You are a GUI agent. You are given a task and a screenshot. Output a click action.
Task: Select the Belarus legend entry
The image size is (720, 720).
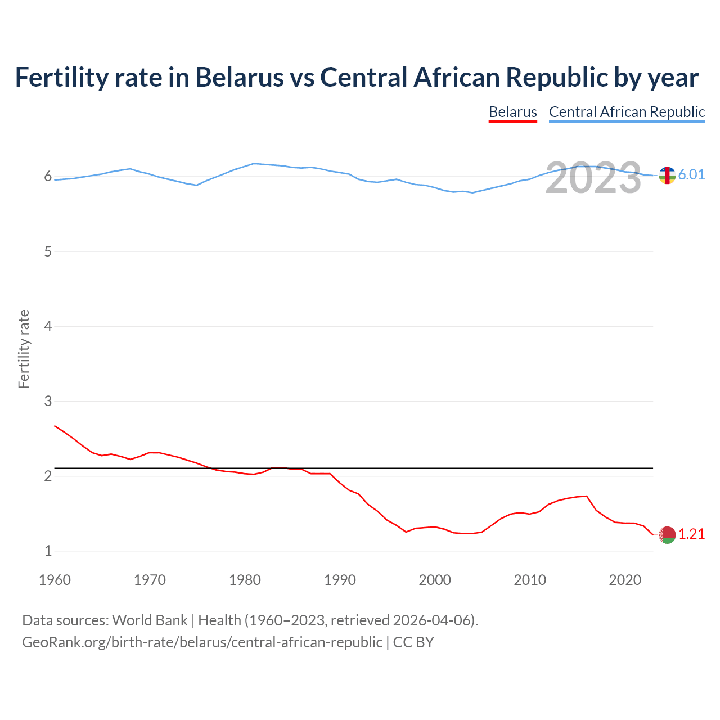(x=512, y=112)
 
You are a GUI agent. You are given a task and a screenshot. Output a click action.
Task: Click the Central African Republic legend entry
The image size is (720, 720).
(x=627, y=112)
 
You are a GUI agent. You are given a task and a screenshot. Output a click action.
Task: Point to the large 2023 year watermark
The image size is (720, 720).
(x=593, y=178)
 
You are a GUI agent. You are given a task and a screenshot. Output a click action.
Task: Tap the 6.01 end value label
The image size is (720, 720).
(x=691, y=175)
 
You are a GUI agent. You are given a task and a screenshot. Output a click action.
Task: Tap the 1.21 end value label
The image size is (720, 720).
(x=691, y=534)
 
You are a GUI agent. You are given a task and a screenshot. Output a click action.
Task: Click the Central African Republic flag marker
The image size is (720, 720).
(x=667, y=175)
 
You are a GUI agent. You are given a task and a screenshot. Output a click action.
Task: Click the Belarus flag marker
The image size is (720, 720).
(x=667, y=535)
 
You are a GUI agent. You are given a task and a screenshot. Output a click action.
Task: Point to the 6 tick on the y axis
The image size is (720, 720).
(x=48, y=177)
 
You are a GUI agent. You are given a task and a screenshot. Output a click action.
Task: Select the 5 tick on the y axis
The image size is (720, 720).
(x=48, y=251)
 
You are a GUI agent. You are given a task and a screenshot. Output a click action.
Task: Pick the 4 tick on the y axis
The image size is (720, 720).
(x=48, y=326)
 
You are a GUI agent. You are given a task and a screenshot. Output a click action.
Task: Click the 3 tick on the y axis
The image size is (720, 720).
(x=48, y=401)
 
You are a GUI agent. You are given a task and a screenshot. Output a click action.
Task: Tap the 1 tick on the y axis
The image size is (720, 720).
(x=48, y=551)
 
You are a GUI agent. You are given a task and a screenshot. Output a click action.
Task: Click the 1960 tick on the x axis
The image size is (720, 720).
(x=55, y=580)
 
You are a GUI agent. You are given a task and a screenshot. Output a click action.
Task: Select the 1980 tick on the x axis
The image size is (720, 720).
(x=245, y=580)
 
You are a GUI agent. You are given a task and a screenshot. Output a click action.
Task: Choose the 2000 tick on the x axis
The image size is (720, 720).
(x=435, y=580)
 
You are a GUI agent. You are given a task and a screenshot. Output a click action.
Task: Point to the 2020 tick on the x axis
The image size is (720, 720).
(x=625, y=580)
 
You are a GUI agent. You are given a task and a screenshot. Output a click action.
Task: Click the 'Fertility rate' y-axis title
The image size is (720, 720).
(x=24, y=349)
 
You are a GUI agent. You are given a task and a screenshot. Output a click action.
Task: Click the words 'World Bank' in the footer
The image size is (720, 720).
(x=150, y=620)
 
